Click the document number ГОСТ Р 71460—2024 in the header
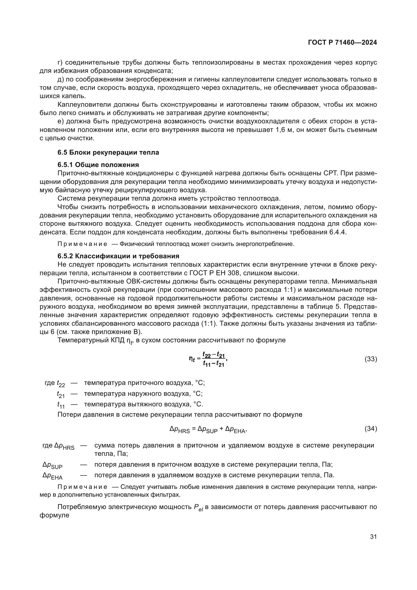click(x=342, y=43)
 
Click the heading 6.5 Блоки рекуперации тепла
click(x=108, y=152)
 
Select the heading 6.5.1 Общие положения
click(x=98, y=165)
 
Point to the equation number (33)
click(x=371, y=359)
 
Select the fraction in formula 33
click(x=214, y=359)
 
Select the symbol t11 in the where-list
click(x=61, y=405)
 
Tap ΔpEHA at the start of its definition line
click(x=52, y=476)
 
